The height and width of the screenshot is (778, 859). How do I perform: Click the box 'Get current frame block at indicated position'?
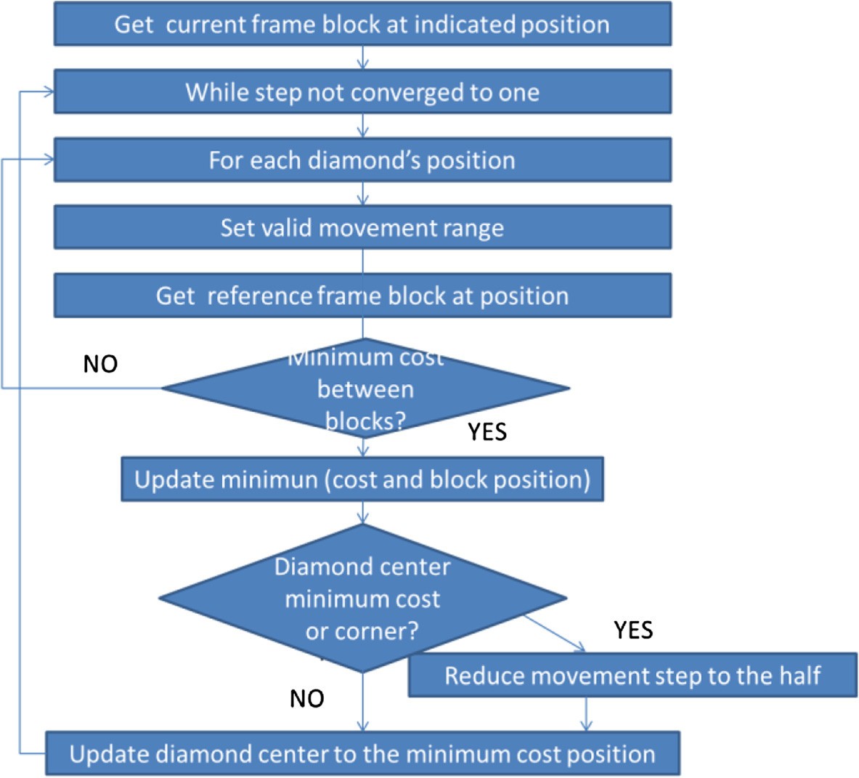pos(362,24)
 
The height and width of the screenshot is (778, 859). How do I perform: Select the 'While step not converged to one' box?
pos(362,92)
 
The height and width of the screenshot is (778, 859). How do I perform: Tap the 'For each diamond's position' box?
pos(362,160)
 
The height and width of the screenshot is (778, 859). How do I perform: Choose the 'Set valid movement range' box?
pos(362,228)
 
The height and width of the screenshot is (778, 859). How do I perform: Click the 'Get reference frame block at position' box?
pos(362,296)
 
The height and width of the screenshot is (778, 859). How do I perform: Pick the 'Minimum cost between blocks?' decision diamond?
pos(365,389)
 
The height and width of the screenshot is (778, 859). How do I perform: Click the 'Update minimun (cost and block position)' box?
pos(362,479)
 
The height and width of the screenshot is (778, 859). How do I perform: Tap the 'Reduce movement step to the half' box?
pos(632,676)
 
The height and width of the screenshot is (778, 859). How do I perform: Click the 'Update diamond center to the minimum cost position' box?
pos(362,754)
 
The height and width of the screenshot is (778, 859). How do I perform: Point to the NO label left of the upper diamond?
pos(100,364)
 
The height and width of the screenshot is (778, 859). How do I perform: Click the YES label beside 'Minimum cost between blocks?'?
pos(487,431)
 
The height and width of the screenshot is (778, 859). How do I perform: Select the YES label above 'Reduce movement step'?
pos(633,630)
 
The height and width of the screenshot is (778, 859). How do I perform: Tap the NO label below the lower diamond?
pos(306,698)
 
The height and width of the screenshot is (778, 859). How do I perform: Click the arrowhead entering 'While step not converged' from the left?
pos(49,92)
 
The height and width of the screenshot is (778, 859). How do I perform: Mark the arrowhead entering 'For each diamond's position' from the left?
pos(49,160)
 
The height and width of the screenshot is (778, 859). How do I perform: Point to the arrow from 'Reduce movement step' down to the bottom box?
pos(587,714)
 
